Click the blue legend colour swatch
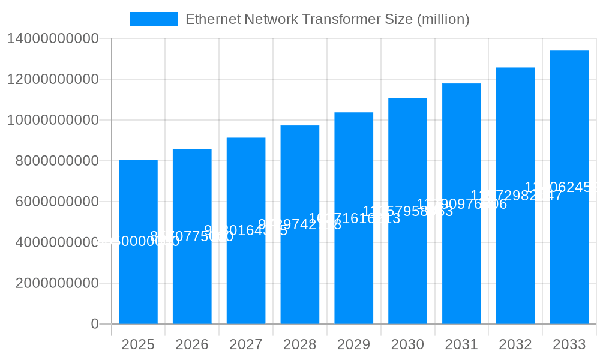click(x=154, y=19)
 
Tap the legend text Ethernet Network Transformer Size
click(x=327, y=19)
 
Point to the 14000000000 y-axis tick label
click(x=53, y=39)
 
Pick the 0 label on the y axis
click(x=95, y=324)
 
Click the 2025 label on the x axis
click(x=138, y=344)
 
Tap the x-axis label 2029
click(x=354, y=344)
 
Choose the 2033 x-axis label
click(x=569, y=344)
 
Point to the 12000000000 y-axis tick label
click(x=53, y=79)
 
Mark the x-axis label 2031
click(x=461, y=344)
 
